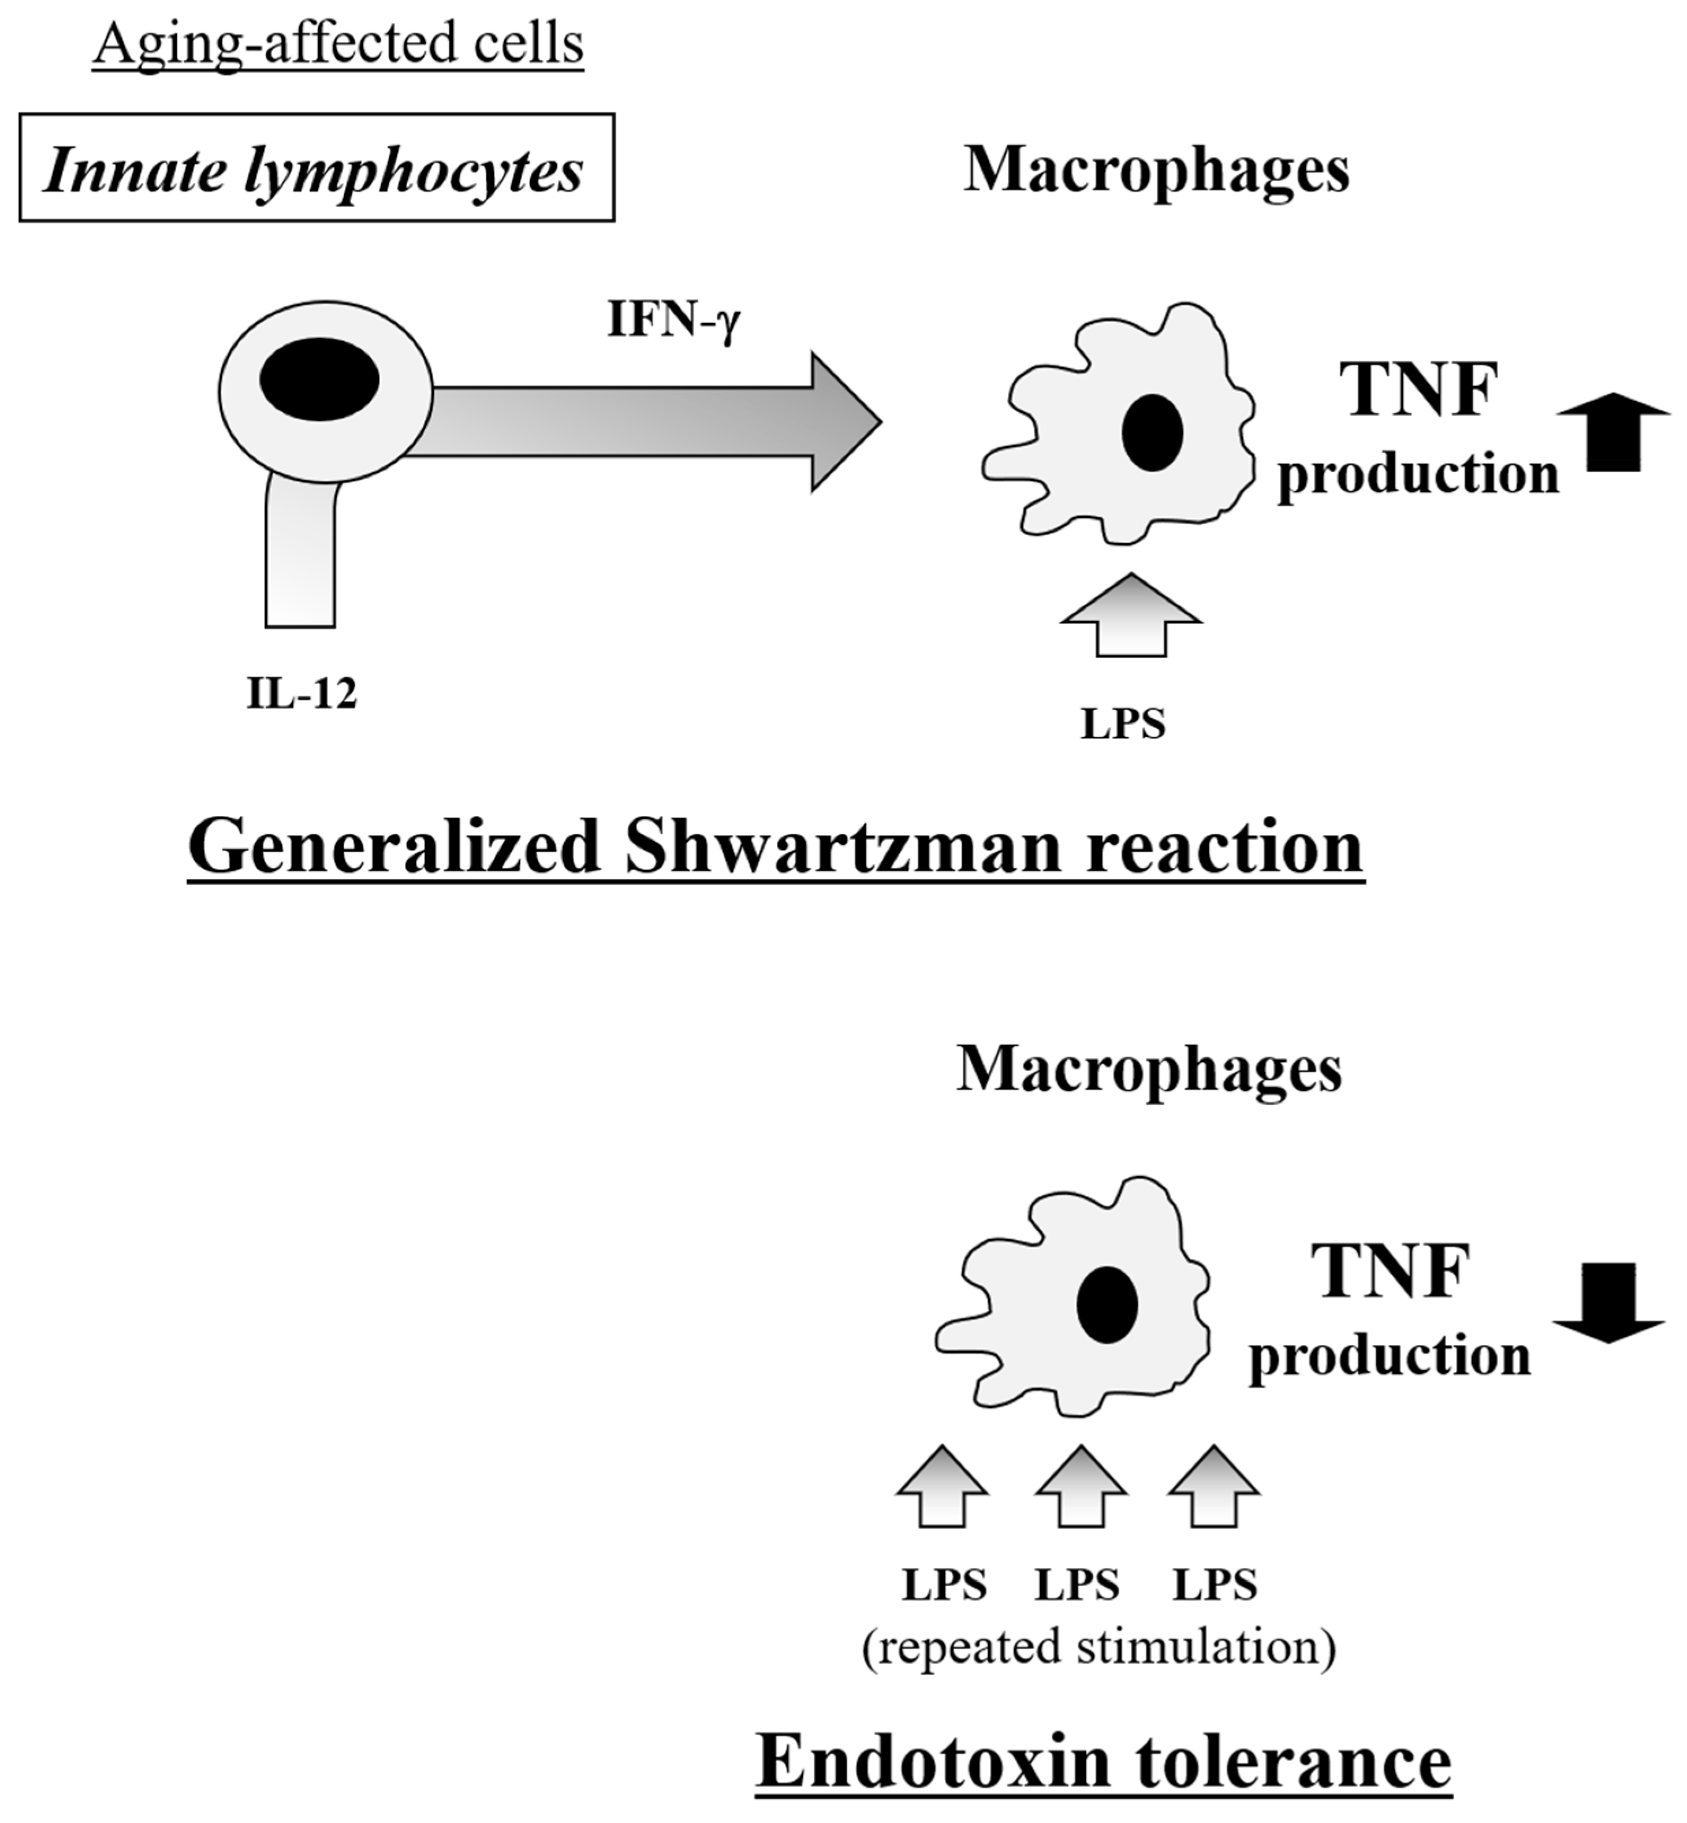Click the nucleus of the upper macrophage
[1152, 432]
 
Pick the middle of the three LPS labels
[1077, 1586]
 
